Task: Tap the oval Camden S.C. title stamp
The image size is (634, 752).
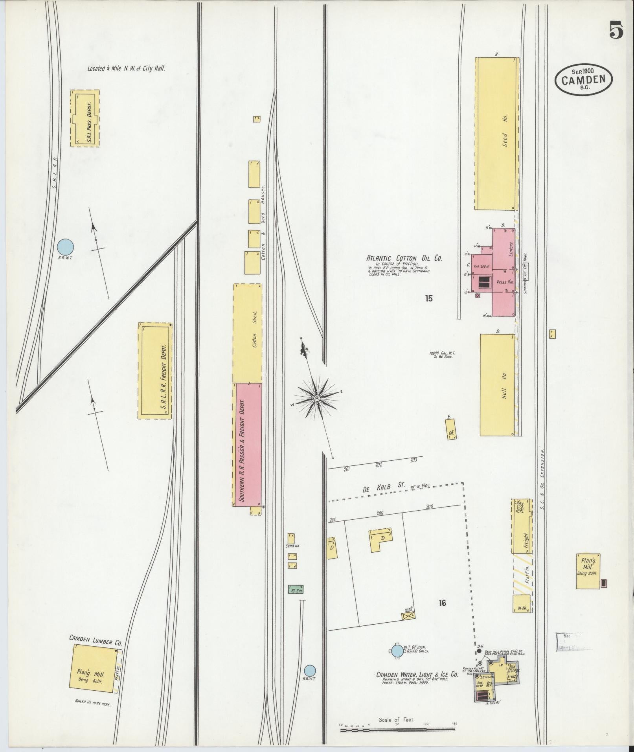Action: [583, 80]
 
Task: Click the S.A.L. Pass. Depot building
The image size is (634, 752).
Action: [85, 118]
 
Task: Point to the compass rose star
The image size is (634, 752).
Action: [316, 399]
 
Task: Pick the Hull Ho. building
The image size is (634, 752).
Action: [498, 385]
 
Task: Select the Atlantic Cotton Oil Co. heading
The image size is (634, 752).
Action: [404, 258]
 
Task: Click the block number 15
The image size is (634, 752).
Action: [428, 298]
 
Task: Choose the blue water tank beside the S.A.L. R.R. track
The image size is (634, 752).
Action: [65, 247]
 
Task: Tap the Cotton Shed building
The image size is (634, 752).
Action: [248, 333]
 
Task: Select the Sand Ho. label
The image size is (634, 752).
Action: [292, 546]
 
